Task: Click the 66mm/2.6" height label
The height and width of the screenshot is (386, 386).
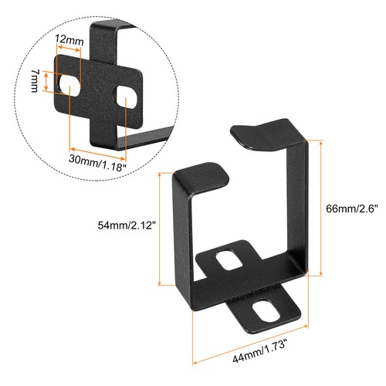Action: [350, 210]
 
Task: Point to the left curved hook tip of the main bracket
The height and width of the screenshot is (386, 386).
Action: [207, 170]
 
